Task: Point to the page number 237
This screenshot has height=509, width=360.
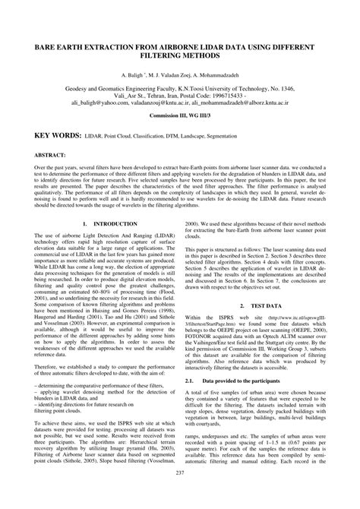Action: [x=180, y=495]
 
